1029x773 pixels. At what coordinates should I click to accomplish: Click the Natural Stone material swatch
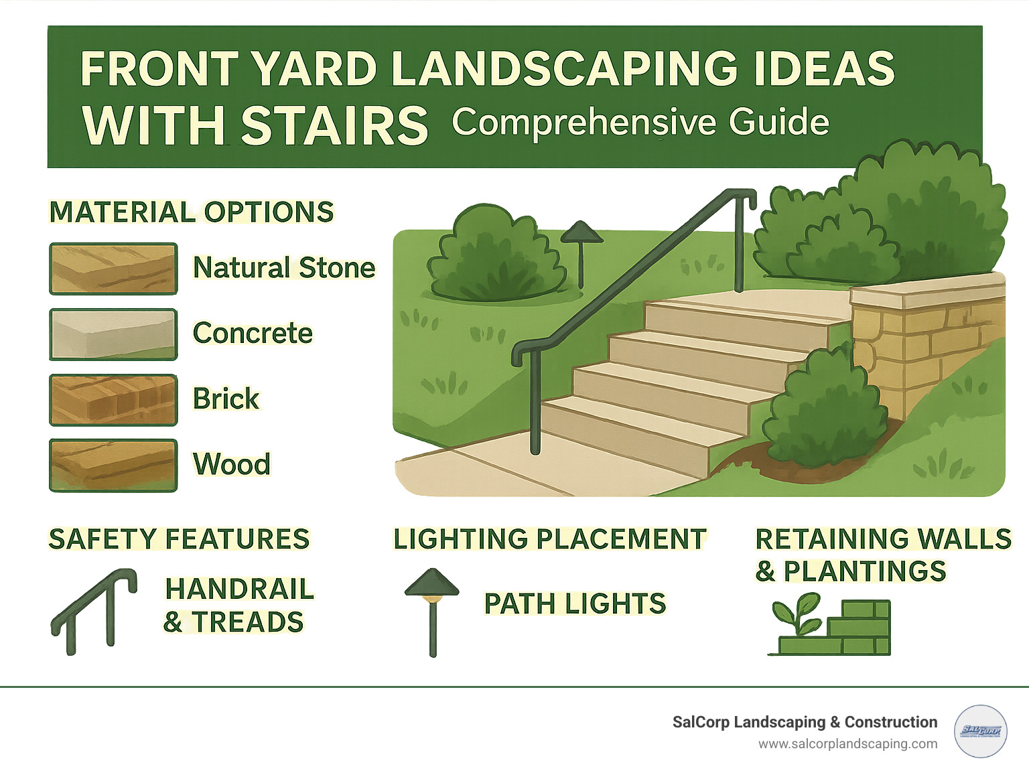click(113, 269)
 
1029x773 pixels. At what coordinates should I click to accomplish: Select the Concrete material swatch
click(113, 334)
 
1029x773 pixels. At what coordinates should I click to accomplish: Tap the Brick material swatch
click(113, 400)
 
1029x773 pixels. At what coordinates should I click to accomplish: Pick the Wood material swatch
click(113, 466)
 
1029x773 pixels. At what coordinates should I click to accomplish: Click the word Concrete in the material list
click(253, 333)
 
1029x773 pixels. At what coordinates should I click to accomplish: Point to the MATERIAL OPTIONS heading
click(192, 212)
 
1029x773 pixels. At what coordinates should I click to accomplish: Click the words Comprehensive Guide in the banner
click(640, 123)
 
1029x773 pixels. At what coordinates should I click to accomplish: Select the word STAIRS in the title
click(334, 126)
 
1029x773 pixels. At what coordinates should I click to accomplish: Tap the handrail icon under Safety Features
click(94, 611)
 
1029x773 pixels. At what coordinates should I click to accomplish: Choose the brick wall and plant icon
click(831, 627)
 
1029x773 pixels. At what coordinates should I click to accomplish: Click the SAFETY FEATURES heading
click(179, 539)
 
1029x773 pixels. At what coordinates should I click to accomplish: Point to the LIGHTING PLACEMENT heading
click(549, 539)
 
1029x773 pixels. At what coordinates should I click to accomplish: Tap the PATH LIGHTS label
click(575, 604)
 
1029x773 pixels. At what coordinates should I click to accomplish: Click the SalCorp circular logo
click(980, 731)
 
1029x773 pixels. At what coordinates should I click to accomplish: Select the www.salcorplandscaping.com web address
click(847, 744)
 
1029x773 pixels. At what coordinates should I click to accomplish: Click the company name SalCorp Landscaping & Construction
click(805, 722)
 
